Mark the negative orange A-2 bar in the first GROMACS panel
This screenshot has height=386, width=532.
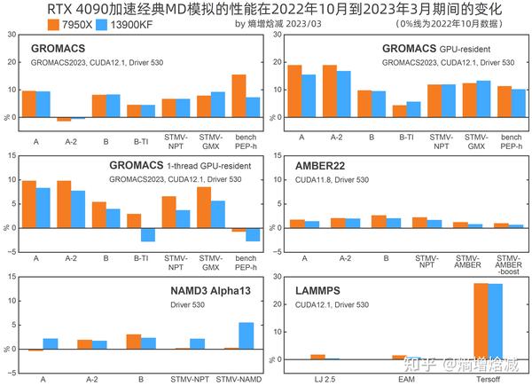click(x=64, y=119)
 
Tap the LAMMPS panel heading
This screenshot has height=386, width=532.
click(x=319, y=290)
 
